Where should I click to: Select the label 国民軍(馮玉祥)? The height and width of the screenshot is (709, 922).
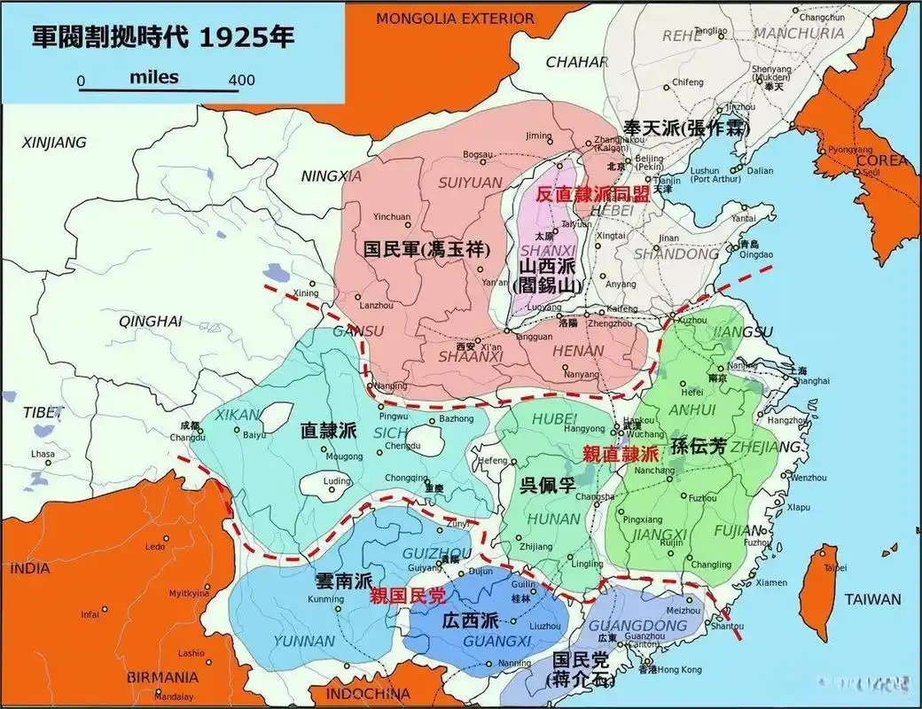tap(426, 249)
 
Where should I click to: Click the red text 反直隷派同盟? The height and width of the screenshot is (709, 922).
tap(593, 195)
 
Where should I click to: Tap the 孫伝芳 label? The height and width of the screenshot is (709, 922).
tap(699, 448)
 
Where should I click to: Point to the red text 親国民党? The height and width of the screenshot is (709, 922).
tap(409, 596)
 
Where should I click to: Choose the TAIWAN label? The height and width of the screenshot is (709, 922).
tap(872, 599)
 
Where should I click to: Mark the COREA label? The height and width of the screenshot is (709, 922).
tap(881, 160)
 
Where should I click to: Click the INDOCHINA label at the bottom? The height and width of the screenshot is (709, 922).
tap(367, 693)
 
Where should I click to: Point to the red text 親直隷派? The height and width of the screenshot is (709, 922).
tap(621, 454)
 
